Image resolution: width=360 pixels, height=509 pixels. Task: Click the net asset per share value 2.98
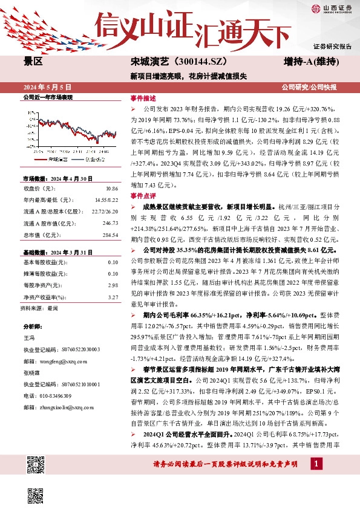tap(113, 285)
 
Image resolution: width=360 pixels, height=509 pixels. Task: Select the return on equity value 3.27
tap(113, 296)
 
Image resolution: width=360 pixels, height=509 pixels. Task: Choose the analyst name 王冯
tap(30, 338)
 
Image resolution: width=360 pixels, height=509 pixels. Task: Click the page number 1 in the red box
tap(315, 463)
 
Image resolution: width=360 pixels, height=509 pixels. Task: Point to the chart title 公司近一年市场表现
tap(47, 98)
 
